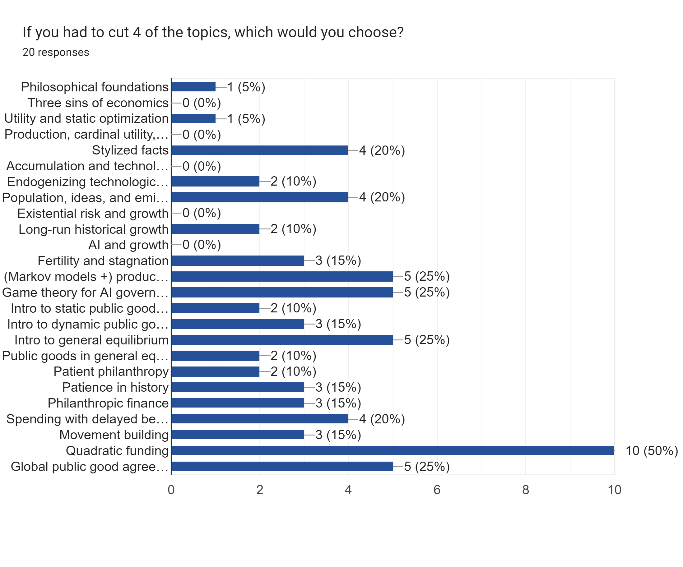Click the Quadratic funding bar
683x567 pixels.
click(x=392, y=450)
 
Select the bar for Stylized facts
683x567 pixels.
click(x=259, y=150)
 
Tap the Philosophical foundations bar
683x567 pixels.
click(x=193, y=87)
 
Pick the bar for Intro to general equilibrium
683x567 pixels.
click(x=282, y=340)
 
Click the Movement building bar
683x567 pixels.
click(x=237, y=435)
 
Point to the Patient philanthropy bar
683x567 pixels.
click(x=215, y=371)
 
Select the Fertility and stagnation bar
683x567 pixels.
click(x=237, y=260)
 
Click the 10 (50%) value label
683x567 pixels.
click(x=652, y=451)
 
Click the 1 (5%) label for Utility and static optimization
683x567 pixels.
click(x=246, y=119)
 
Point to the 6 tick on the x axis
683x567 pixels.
click(x=437, y=490)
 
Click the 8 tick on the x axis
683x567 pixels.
click(x=526, y=490)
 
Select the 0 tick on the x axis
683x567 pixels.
click(x=171, y=490)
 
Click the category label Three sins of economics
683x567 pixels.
click(x=98, y=103)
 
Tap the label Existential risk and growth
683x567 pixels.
click(x=93, y=213)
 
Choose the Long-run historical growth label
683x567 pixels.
click(x=93, y=229)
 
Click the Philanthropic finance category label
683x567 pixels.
click(x=108, y=403)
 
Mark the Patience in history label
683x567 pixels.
click(x=115, y=387)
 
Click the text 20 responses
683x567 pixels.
click(x=56, y=52)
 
